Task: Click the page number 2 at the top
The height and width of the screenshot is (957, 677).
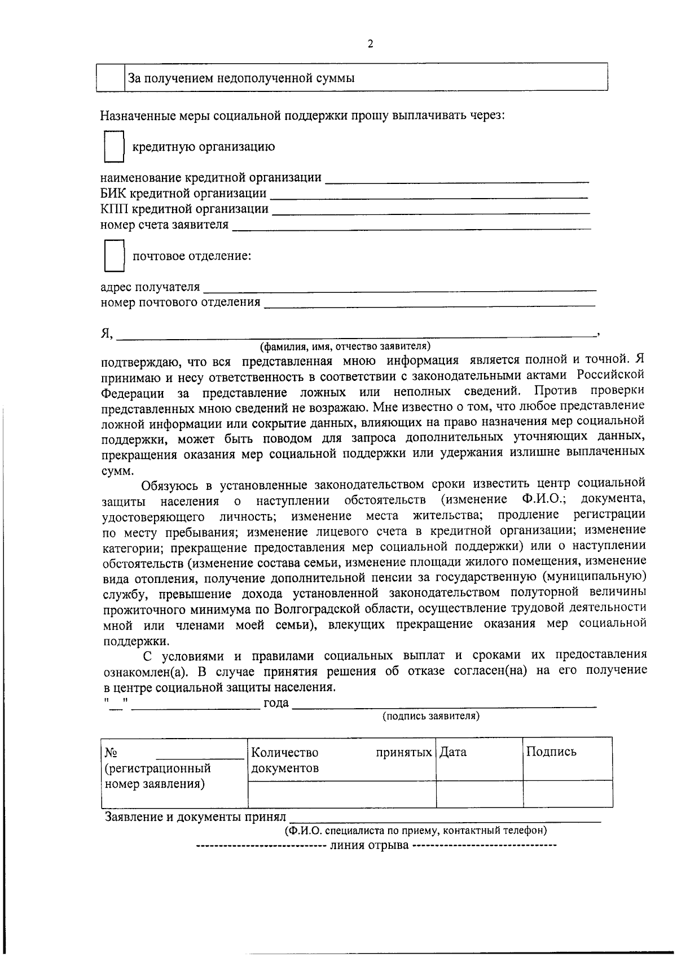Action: click(370, 45)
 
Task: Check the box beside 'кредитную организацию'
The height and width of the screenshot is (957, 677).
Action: click(114, 147)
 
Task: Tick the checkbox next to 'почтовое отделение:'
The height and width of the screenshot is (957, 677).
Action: click(114, 256)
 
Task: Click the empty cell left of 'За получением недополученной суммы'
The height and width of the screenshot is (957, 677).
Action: click(111, 77)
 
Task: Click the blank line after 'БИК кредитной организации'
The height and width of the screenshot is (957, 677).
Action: click(429, 195)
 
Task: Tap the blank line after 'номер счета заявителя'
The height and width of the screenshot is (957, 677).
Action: click(411, 227)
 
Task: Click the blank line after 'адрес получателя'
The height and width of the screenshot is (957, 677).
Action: click(399, 288)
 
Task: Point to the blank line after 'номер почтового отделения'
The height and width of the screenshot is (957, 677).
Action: click(429, 304)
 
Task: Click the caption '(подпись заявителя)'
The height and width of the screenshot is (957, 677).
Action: click(431, 716)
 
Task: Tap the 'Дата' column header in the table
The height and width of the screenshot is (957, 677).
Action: click(453, 752)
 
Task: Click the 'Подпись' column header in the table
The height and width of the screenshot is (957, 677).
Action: click(551, 752)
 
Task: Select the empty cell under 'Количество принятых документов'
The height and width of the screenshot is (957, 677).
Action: click(342, 794)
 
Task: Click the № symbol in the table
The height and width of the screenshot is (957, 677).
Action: click(111, 753)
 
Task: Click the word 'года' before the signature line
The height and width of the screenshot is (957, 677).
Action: click(276, 703)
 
